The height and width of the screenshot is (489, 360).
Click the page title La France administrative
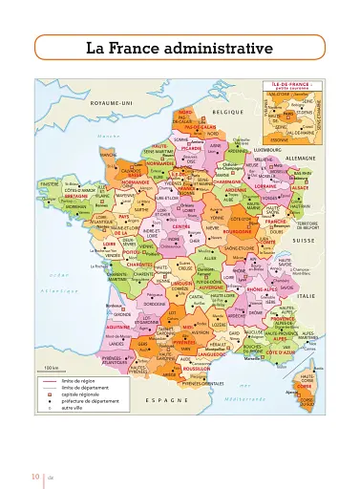click(179, 47)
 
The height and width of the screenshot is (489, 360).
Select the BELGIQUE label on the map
click(228, 112)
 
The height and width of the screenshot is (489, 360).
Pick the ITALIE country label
click(306, 297)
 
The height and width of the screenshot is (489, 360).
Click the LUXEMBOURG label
click(268, 149)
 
